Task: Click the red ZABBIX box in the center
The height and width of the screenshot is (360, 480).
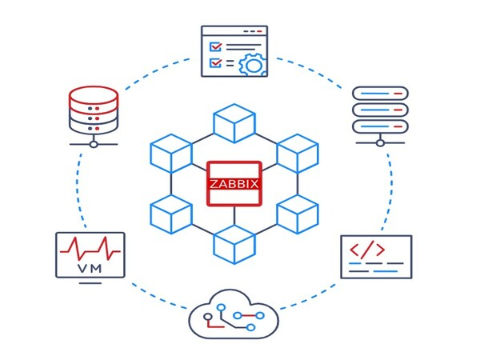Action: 234,183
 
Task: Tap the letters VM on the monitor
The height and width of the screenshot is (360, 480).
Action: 90,268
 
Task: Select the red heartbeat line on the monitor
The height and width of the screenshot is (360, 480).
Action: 90,247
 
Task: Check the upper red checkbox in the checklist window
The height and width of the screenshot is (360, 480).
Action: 215,46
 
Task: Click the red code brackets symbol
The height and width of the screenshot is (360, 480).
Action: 368,250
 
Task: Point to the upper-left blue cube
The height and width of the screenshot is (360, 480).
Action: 170,152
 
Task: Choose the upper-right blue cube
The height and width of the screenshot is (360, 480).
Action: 298,152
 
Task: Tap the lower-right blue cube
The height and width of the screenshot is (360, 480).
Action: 298,214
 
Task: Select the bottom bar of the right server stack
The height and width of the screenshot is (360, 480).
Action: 380,126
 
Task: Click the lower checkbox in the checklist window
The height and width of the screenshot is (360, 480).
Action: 215,62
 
